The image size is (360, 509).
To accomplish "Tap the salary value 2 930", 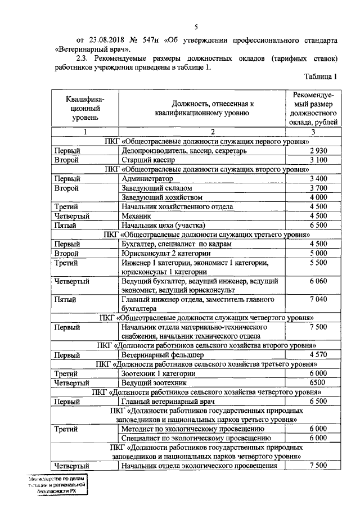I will coord(318,151).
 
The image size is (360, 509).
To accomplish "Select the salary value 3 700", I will coord(318,188).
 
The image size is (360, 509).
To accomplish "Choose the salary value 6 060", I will coord(318,281).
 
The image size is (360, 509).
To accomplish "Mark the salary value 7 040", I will coord(318,299).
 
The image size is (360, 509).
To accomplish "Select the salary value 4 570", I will coord(318,355).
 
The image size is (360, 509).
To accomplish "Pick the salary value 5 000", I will coord(318,253).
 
